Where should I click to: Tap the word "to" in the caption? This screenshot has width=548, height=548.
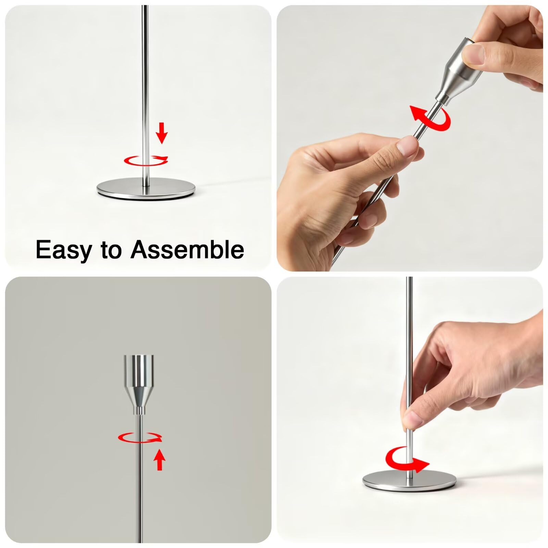point(111,250)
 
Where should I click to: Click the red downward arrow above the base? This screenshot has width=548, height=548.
point(162,134)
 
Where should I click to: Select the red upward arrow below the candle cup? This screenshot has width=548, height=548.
point(159,460)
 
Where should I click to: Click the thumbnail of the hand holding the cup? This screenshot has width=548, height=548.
point(472,54)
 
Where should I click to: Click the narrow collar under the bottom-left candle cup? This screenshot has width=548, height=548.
point(139,410)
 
